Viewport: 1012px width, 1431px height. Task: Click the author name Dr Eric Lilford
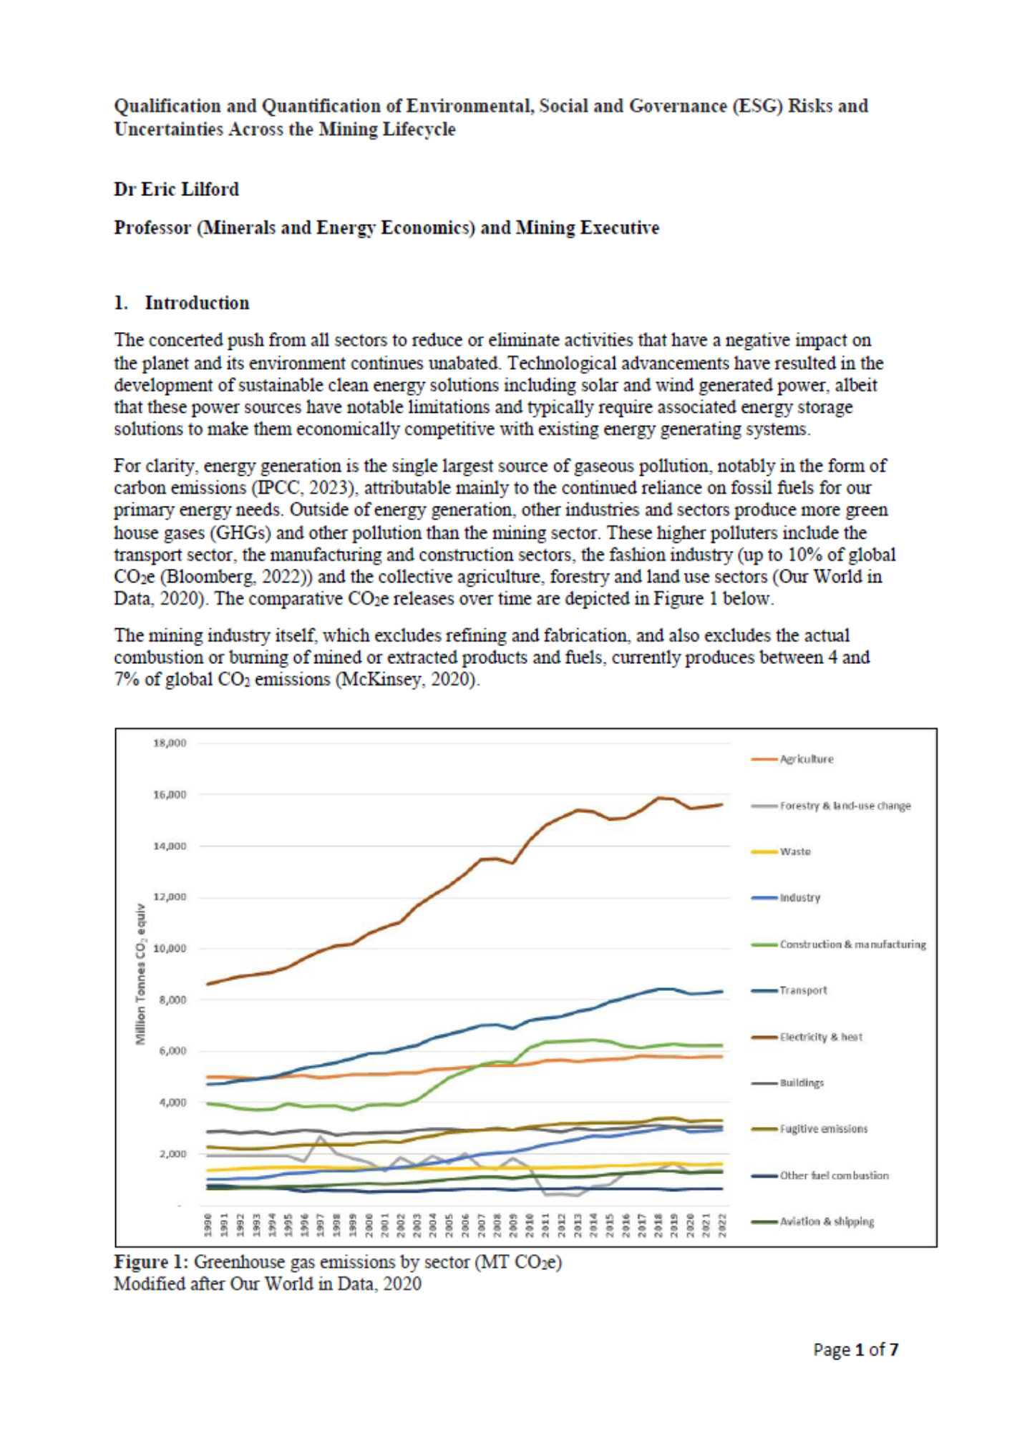(x=176, y=190)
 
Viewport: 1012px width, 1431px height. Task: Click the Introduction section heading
(x=197, y=303)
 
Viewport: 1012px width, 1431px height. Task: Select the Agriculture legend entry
(x=806, y=759)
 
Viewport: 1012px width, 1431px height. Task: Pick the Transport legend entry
(x=803, y=990)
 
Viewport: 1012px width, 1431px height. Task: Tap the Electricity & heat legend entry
(x=821, y=1037)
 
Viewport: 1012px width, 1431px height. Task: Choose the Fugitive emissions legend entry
(x=823, y=1129)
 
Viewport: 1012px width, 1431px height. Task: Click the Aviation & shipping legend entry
(x=827, y=1221)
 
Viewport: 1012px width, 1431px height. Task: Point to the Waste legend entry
(x=795, y=851)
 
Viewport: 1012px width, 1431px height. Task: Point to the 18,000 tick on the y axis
(x=170, y=743)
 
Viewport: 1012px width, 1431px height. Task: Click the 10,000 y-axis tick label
(x=170, y=949)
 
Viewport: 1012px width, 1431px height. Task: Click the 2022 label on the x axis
(x=721, y=1224)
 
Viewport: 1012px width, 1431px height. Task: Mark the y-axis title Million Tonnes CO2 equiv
(x=141, y=974)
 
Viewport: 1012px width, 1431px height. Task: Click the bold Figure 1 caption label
(x=152, y=1262)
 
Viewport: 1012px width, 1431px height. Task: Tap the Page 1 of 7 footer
(x=855, y=1349)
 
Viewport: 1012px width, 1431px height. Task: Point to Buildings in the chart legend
(x=802, y=1083)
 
